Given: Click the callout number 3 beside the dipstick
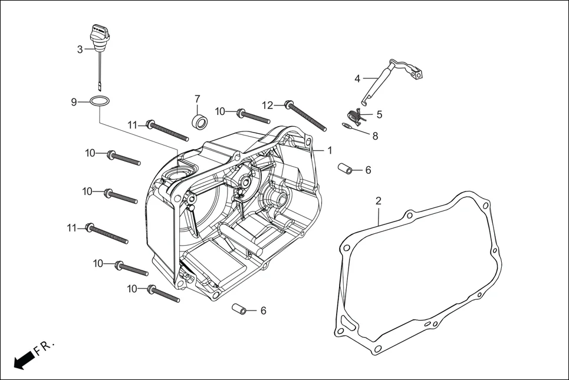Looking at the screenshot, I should click(x=80, y=49).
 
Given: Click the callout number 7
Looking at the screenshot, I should click(x=198, y=98).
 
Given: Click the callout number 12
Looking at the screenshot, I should click(x=268, y=105).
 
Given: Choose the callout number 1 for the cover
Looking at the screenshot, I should click(x=330, y=150).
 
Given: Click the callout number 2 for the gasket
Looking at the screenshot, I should click(x=379, y=201).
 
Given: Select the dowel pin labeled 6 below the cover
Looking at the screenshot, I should click(x=239, y=308).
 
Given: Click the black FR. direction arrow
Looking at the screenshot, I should click(x=22, y=359).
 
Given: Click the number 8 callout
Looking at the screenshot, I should click(x=375, y=136).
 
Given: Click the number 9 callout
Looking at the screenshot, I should click(x=74, y=102).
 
